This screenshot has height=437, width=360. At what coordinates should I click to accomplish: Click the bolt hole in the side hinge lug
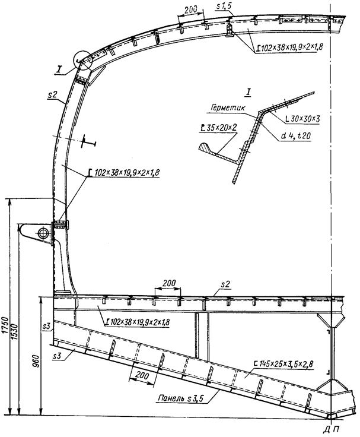pyautogui.click(x=43, y=232)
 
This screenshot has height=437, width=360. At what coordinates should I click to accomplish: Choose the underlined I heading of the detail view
pyautogui.click(x=248, y=91)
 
